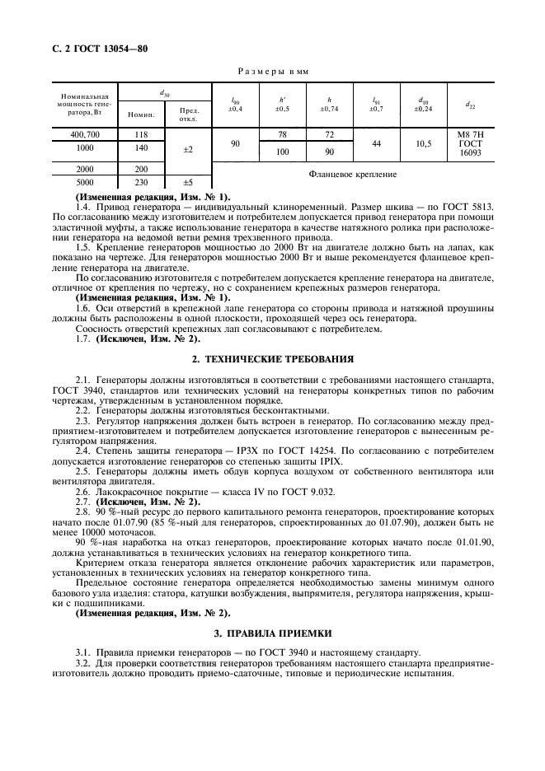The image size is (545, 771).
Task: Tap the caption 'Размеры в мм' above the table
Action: pos(272,72)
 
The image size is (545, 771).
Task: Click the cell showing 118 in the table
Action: pos(140,134)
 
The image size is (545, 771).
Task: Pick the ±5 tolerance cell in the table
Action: pos(188,182)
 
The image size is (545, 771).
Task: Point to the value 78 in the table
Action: pos(282,134)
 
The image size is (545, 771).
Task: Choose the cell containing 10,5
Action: pos(424,143)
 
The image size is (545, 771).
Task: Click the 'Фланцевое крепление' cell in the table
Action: pos(352,175)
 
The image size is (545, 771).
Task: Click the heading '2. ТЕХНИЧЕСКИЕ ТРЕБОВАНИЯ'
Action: pos(272,359)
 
